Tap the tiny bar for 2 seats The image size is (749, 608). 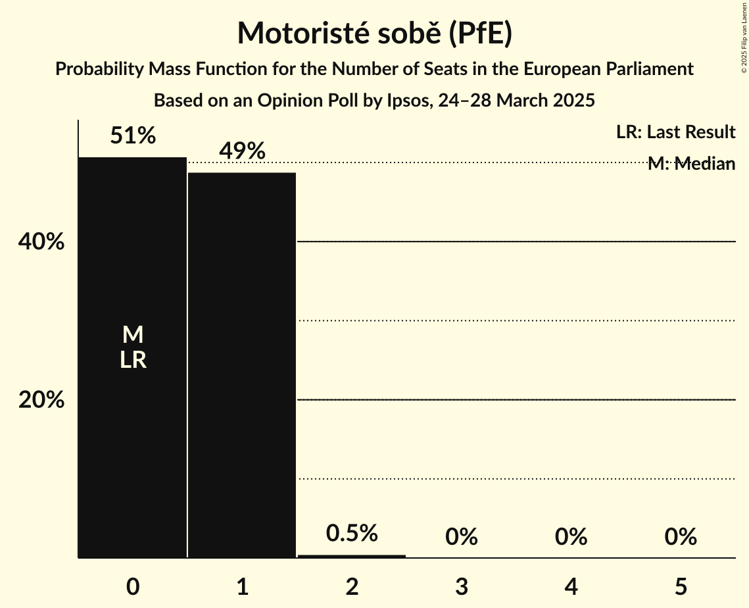(352, 556)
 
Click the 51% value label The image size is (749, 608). (133, 136)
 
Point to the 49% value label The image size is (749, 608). (242, 151)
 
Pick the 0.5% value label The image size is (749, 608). (352, 533)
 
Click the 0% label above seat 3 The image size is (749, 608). (461, 538)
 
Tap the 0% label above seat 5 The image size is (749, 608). (680, 538)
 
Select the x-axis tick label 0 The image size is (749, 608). (133, 586)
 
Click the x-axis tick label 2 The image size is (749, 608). (352, 586)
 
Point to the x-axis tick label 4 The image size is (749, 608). (571, 586)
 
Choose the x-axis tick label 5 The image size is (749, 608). (680, 586)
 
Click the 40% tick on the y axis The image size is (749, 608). (41, 242)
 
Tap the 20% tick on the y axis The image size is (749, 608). (41, 400)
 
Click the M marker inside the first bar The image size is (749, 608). (133, 335)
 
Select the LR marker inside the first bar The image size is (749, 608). (133, 360)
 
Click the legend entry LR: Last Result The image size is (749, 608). (675, 132)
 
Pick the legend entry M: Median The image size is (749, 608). (691, 164)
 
